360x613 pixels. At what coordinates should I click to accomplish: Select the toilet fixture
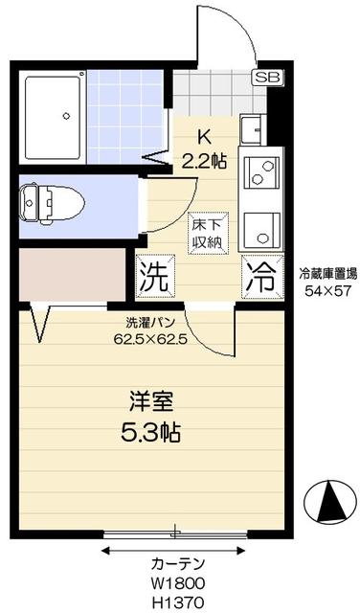click(53, 203)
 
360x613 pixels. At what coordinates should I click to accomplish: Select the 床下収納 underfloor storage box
click(206, 231)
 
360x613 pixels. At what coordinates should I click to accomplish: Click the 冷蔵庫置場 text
click(326, 272)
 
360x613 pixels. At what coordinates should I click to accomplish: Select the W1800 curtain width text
click(177, 582)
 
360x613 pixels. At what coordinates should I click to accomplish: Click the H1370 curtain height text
click(177, 600)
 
